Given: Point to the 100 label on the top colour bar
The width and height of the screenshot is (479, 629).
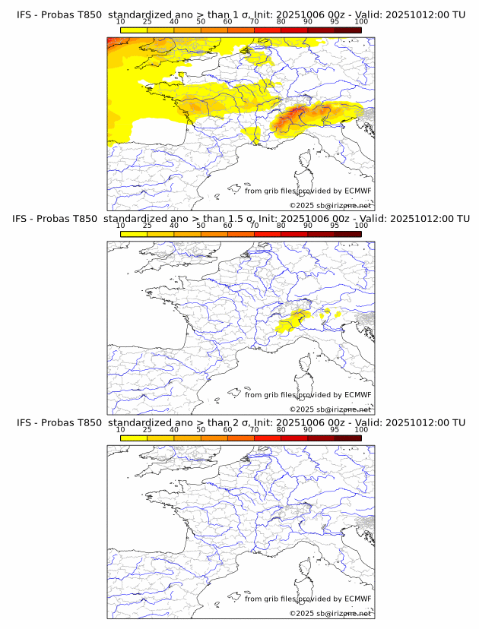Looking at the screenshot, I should point(361,22).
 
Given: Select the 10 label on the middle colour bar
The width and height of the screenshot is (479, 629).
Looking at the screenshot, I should point(120,226).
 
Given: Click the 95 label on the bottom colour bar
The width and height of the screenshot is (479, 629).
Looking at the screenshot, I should point(335,429).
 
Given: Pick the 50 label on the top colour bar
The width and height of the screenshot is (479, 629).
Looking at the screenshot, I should point(201,22).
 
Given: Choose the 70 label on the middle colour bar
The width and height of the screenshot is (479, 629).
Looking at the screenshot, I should point(254,226).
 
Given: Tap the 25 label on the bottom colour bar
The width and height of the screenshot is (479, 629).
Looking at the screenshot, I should point(147,429).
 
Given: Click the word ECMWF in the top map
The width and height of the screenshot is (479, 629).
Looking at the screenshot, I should point(358,191).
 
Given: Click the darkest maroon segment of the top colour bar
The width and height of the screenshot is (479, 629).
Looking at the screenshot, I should point(347,30).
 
